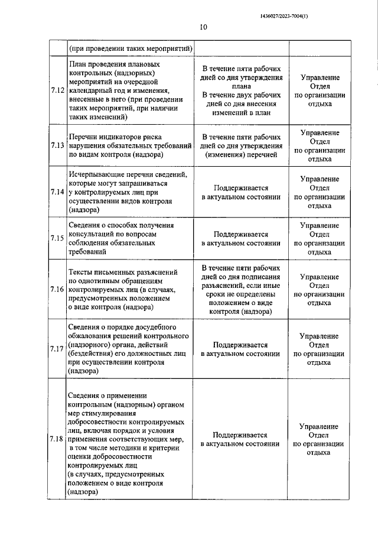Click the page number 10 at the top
[203, 27]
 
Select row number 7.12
[57, 90]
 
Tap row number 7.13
[57, 145]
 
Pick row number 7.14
[57, 192]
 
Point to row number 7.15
[57, 238]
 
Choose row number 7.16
[57, 289]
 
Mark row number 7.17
[57, 349]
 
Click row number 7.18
[57, 439]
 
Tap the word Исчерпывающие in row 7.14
[97, 175]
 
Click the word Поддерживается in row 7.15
[240, 234]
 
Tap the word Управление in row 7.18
[319, 426]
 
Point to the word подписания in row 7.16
[261, 277]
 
